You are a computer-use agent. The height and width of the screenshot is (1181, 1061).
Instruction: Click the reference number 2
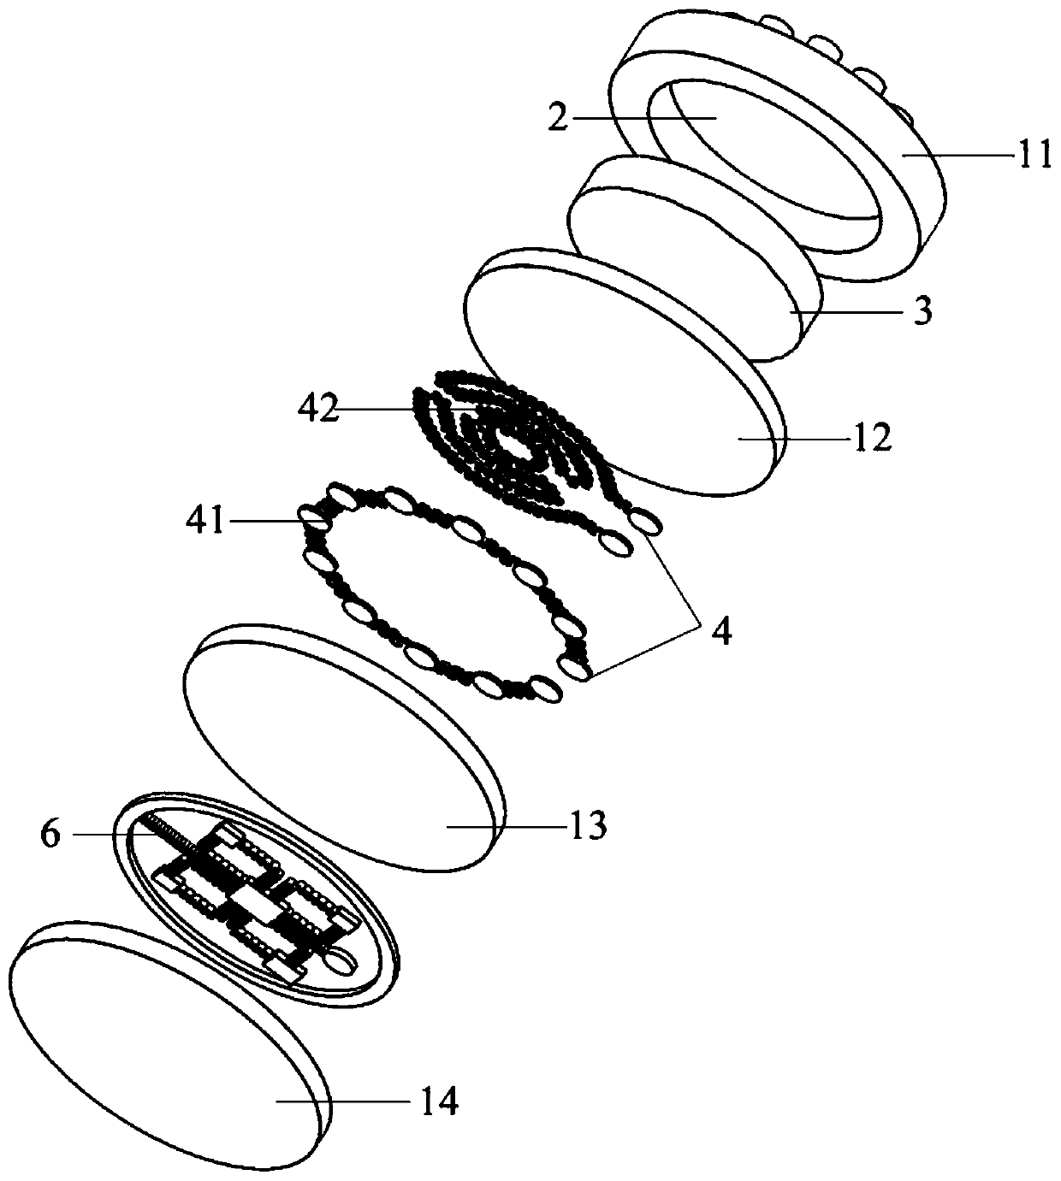[x=557, y=118]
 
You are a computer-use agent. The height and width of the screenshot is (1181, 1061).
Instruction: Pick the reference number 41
[x=204, y=519]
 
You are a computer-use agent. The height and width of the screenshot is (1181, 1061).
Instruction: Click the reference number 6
[x=50, y=834]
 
